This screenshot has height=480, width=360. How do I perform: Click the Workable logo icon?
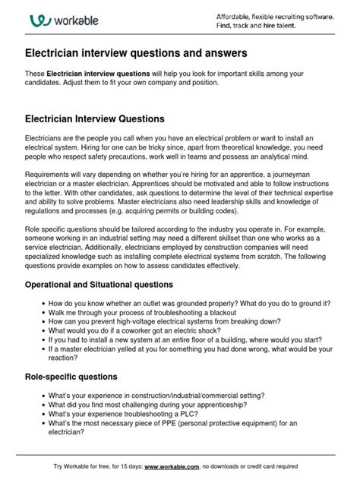pyautogui.click(x=38, y=21)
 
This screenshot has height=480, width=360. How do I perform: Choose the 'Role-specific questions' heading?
pyautogui.click(x=71, y=377)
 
